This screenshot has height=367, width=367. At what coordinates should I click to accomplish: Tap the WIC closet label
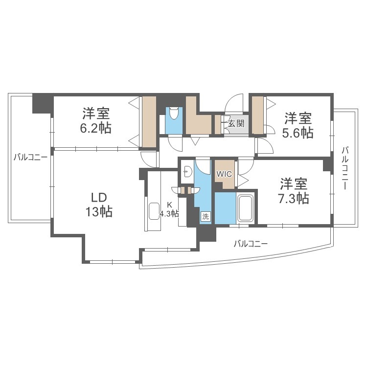tap(224, 174)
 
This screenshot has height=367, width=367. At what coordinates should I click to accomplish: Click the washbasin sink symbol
tap(187, 171)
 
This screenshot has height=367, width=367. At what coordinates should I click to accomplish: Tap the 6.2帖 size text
tap(96, 129)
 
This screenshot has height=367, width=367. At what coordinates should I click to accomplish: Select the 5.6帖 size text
tap(298, 133)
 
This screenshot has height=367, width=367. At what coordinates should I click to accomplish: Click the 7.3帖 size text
tap(294, 198)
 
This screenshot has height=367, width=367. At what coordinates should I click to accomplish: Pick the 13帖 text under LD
tap(98, 211)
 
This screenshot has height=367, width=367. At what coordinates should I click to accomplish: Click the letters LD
tap(98, 197)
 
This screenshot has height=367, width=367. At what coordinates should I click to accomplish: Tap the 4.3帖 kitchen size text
tap(169, 213)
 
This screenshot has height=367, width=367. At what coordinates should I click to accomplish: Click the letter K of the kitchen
tap(169, 205)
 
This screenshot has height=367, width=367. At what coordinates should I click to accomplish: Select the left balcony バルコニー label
tap(30, 158)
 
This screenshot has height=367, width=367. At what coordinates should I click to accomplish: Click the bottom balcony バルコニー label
tap(250, 243)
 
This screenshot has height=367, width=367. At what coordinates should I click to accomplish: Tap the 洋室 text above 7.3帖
tap(294, 184)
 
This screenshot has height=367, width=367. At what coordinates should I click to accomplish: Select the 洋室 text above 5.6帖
tap(298, 118)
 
